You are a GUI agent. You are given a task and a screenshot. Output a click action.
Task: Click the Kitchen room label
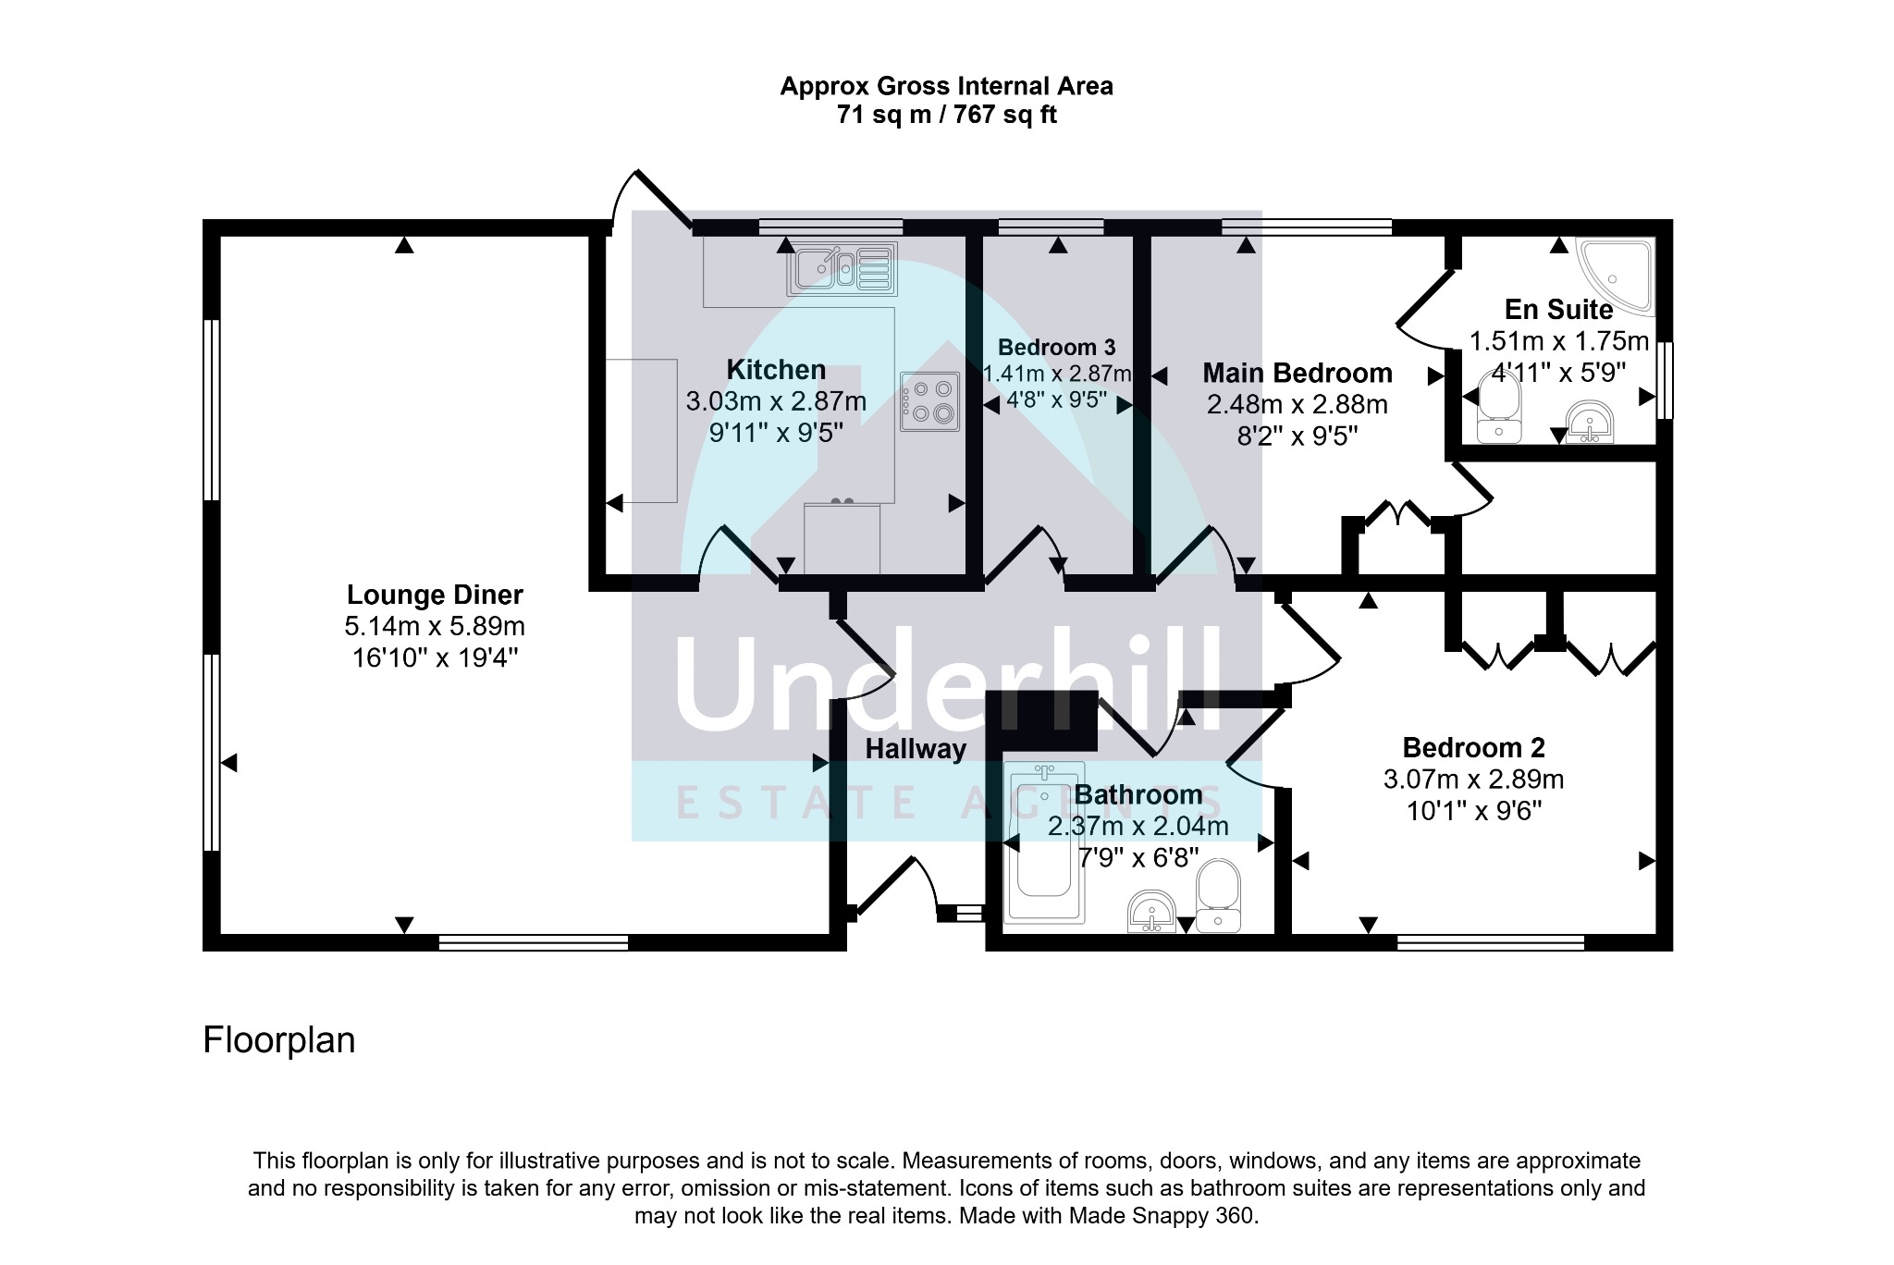tap(776, 370)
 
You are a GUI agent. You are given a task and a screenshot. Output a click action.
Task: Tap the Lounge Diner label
tap(435, 595)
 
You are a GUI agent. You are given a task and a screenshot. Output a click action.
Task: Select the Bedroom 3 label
tap(1057, 348)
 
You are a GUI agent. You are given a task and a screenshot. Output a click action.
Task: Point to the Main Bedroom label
tap(1298, 374)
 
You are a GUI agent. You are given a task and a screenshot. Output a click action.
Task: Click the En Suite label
tap(1559, 309)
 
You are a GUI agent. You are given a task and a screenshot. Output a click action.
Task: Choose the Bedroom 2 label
tap(1474, 747)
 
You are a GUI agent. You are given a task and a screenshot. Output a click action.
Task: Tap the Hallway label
tap(916, 749)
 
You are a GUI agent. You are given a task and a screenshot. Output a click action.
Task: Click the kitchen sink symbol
tap(842, 269)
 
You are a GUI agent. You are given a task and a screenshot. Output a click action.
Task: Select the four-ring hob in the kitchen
tap(930, 401)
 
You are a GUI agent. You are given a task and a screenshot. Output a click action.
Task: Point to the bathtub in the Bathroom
tap(1044, 842)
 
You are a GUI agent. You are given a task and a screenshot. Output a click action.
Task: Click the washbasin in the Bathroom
tap(1152, 912)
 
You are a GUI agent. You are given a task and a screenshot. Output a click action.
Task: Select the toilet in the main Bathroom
tap(1219, 896)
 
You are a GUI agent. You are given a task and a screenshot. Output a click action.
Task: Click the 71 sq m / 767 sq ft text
tap(947, 116)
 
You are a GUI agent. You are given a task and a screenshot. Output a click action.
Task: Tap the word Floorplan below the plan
tap(279, 1040)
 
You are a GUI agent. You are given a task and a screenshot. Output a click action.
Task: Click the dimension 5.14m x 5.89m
tap(435, 627)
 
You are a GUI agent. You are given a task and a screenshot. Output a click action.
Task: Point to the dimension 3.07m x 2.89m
tap(1474, 780)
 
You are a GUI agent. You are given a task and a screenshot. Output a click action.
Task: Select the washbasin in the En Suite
tap(1591, 424)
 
